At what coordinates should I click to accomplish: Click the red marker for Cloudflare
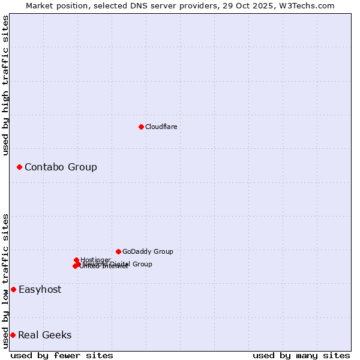click(141, 127)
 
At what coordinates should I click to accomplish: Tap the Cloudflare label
click(161, 127)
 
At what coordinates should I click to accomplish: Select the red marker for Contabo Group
click(19, 167)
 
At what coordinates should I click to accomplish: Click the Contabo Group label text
click(61, 167)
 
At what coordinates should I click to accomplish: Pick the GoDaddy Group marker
click(118, 251)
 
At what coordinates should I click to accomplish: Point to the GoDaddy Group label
click(148, 251)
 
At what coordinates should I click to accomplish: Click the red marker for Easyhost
click(13, 289)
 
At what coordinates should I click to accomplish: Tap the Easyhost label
click(40, 289)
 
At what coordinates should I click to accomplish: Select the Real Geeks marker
click(13, 335)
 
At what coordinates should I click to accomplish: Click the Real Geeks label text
click(45, 335)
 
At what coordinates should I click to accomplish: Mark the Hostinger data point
click(77, 260)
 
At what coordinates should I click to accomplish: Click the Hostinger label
click(95, 260)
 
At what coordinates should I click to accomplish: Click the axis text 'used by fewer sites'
click(62, 355)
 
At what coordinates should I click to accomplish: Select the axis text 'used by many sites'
click(301, 355)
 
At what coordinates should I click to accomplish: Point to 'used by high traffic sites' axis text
click(5, 85)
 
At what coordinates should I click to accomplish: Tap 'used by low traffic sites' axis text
click(5, 281)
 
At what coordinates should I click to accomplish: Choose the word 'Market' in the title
click(40, 5)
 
